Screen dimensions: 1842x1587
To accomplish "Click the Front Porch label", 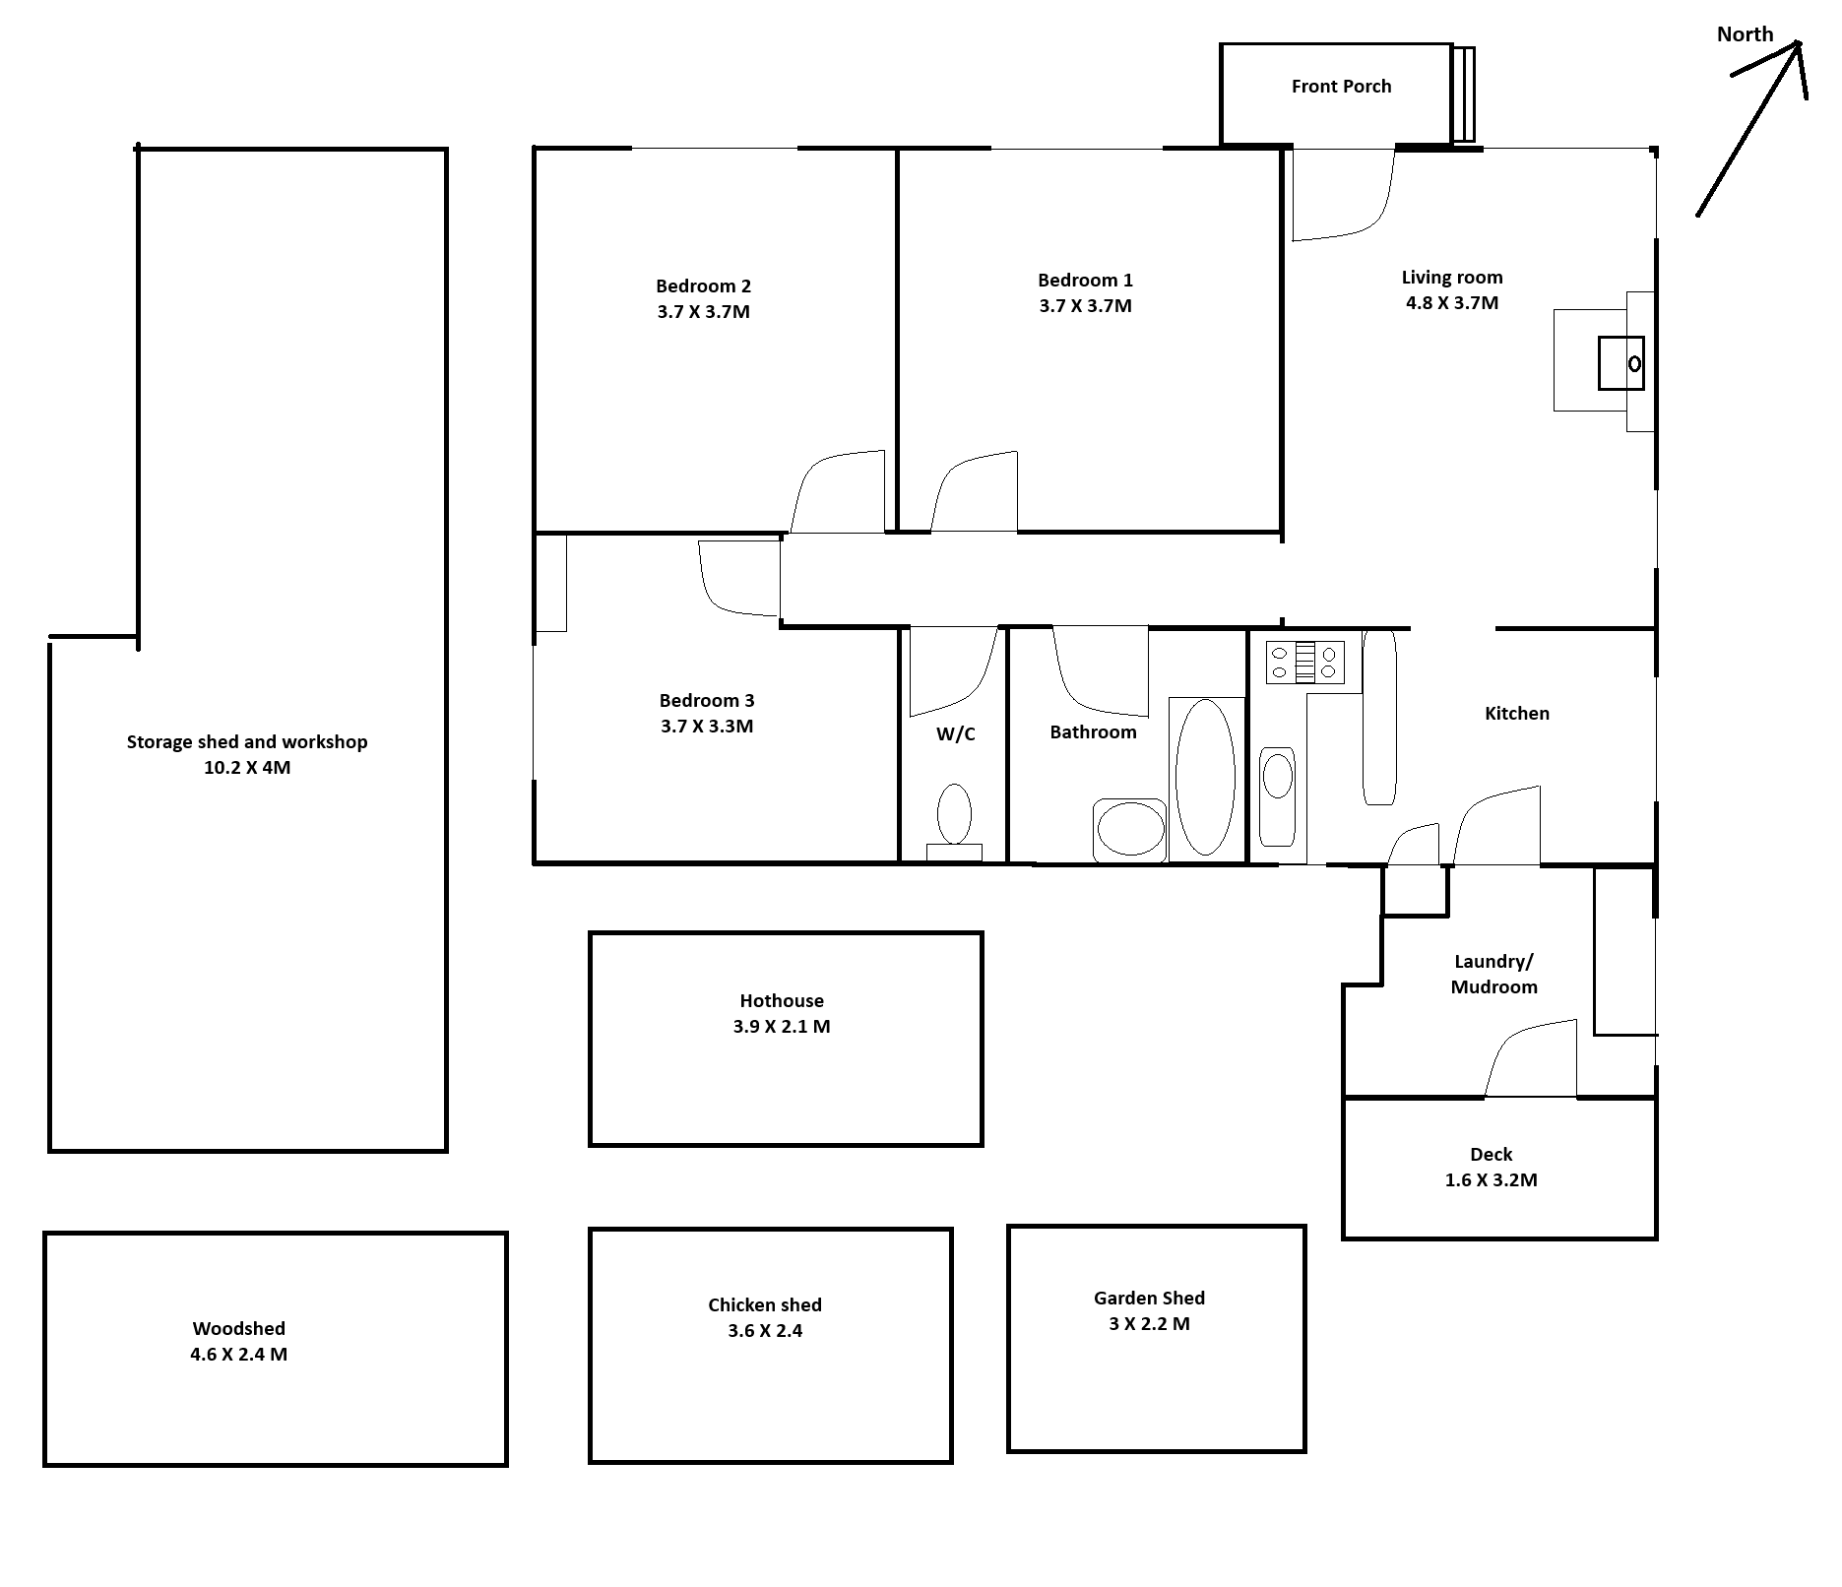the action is point(1341,87).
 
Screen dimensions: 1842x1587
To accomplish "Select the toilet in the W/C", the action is point(954,822).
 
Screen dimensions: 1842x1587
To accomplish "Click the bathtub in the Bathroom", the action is point(1205,778).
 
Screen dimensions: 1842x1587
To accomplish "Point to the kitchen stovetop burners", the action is point(1304,662).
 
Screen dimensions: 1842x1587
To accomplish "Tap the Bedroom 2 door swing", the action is point(838,491).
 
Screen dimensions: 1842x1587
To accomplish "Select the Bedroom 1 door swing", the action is point(974,491).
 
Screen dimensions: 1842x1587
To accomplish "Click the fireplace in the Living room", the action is point(1604,361).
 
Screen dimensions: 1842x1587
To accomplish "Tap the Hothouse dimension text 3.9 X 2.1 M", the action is point(782,1027).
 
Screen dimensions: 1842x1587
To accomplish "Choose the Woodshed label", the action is point(239,1328).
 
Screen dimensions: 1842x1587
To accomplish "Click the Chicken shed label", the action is point(765,1304).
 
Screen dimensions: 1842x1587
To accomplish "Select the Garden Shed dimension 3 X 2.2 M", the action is point(1149,1324).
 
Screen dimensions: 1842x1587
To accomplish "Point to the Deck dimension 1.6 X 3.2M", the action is point(1491,1179).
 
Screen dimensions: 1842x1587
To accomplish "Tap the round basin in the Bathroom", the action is point(1130,830).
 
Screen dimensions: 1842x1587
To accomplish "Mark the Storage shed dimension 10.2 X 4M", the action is point(247,768).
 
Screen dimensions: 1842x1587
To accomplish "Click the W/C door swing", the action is point(954,671).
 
